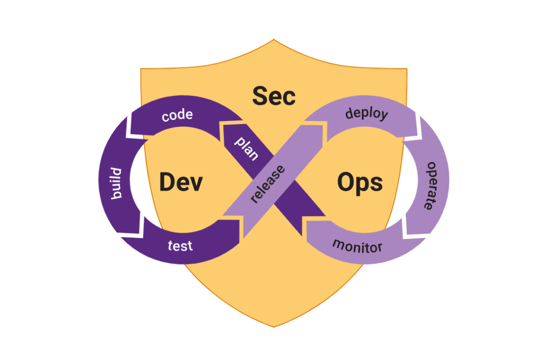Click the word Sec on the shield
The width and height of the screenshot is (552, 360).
coord(274,96)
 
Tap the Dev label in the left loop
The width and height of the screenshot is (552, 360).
coord(181,181)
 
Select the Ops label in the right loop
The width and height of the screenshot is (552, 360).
coord(360,181)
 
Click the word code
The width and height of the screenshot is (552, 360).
coord(177,115)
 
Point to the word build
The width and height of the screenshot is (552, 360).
coord(116,183)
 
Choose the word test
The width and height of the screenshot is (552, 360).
coord(180,245)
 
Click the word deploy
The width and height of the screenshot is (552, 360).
coord(367,114)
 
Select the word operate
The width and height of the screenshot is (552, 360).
coord(430,185)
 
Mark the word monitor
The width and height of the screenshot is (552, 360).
coord(357,246)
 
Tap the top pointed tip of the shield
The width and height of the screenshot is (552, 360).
coord(274,40)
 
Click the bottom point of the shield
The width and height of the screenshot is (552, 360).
coord(274,326)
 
